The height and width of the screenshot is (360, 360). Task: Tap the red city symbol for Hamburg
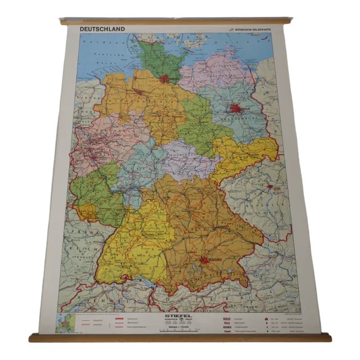pyautogui.click(x=164, y=79)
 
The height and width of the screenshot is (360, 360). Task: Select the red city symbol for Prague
pyautogui.click(x=270, y=186)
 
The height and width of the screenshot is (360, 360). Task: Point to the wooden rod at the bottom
pyautogui.click(x=180, y=337)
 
